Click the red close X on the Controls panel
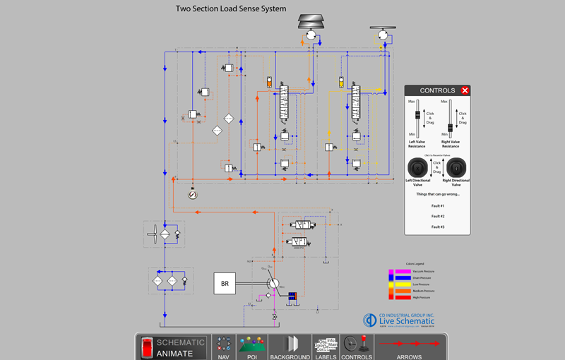(x=465, y=90)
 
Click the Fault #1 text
(x=438, y=206)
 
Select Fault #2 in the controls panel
(x=438, y=216)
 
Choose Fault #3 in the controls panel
(x=438, y=227)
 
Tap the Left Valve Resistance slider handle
(x=417, y=116)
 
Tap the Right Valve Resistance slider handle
(x=450, y=128)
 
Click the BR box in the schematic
(x=225, y=284)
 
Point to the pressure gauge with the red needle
(x=193, y=193)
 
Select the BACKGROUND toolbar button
(x=290, y=347)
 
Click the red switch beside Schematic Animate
(x=147, y=347)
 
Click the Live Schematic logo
(x=399, y=320)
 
